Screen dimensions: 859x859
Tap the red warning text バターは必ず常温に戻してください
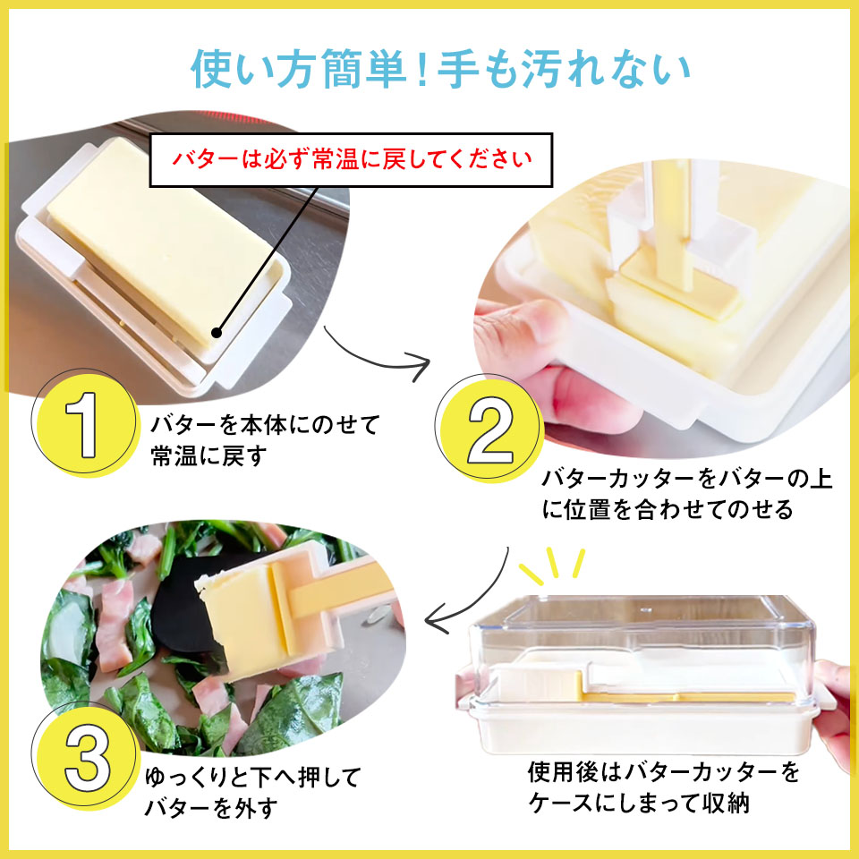point(352,161)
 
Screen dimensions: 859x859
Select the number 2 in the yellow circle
point(488,430)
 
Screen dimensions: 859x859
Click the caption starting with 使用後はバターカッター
point(663,787)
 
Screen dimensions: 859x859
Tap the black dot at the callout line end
point(216,333)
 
